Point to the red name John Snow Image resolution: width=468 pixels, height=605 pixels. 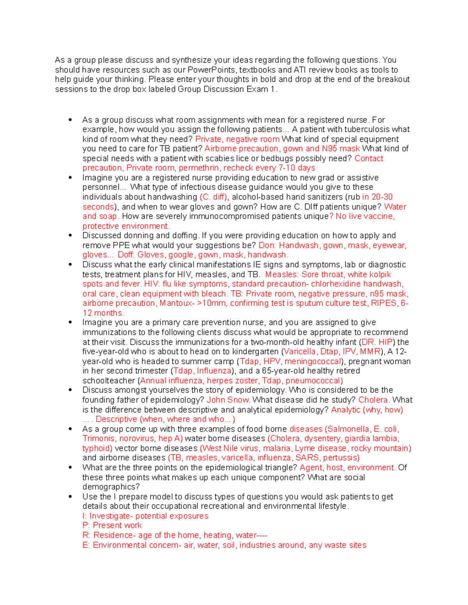coord(228,400)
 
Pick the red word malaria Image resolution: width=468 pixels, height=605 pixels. coord(277,448)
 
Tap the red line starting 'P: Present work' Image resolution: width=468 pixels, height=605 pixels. coord(112,526)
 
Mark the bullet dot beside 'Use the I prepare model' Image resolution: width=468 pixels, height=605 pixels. coord(70,497)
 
